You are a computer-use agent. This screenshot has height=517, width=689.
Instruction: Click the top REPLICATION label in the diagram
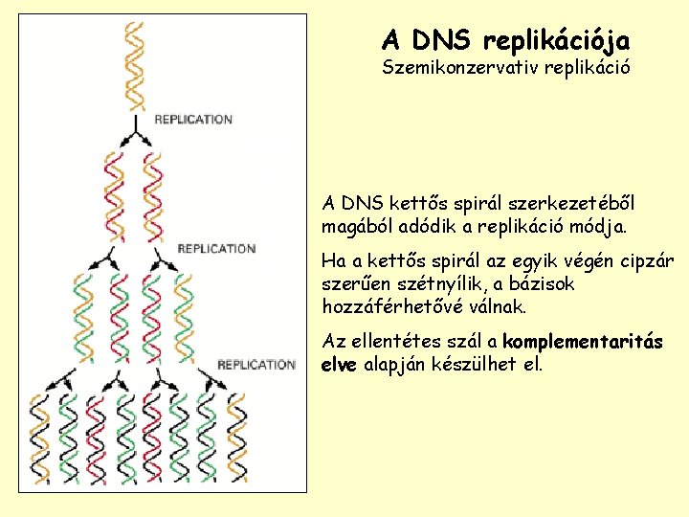(x=193, y=120)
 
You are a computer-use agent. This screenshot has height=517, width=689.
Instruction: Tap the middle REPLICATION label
(x=216, y=249)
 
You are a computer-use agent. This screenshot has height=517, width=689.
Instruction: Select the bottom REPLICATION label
(x=256, y=365)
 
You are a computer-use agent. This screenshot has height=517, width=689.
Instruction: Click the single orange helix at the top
(x=136, y=65)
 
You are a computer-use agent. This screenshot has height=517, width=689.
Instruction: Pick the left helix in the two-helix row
(x=115, y=195)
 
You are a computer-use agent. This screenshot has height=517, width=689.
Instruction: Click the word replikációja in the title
(x=557, y=41)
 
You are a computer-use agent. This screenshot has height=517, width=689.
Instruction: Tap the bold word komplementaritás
(x=584, y=342)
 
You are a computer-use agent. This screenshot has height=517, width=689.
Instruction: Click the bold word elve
(x=340, y=365)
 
